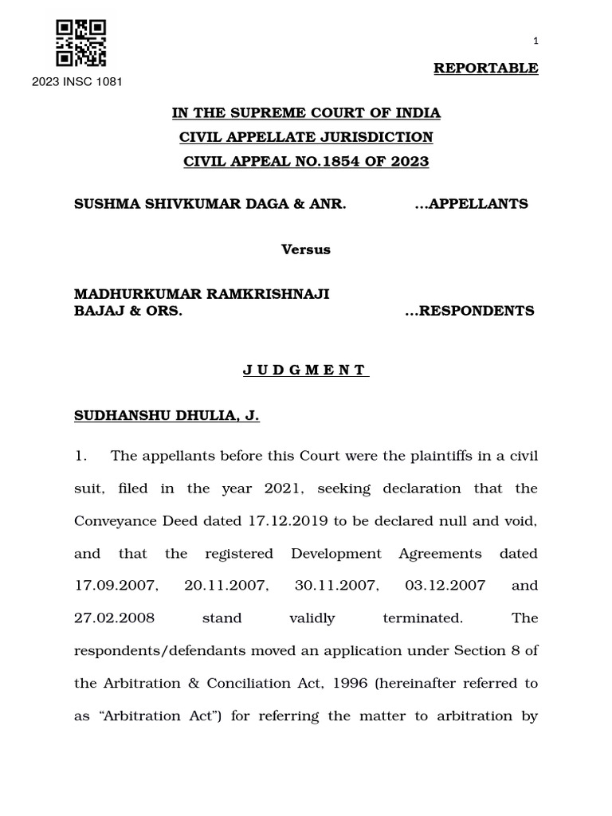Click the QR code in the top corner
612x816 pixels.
pyautogui.click(x=80, y=43)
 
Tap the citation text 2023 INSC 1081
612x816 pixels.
pyautogui.click(x=77, y=81)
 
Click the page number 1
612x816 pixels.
pyautogui.click(x=535, y=41)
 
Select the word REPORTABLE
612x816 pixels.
pyautogui.click(x=485, y=68)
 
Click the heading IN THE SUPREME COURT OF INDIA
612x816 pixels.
pyautogui.click(x=306, y=113)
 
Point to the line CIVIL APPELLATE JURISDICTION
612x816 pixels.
pyautogui.click(x=306, y=137)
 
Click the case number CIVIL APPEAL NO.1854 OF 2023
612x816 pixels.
pyautogui.click(x=306, y=161)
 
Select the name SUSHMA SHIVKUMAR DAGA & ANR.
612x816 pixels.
pyautogui.click(x=210, y=204)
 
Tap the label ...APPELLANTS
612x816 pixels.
pyautogui.click(x=471, y=204)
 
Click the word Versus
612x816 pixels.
pyautogui.click(x=306, y=249)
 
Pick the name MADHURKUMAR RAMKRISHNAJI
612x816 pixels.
pyautogui.click(x=202, y=294)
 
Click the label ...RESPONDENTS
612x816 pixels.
pyautogui.click(x=469, y=311)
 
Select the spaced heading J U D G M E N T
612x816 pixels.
pyautogui.click(x=306, y=370)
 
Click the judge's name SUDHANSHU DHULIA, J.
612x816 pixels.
pyautogui.click(x=167, y=416)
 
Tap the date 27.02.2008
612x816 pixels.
pyautogui.click(x=114, y=618)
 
